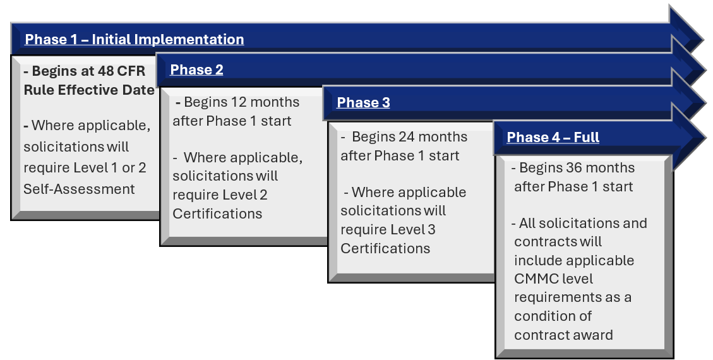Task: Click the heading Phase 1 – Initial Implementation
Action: (x=134, y=40)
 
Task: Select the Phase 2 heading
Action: (x=196, y=70)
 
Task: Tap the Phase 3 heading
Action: (x=363, y=103)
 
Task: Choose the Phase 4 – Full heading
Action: (x=553, y=138)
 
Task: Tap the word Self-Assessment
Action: (x=79, y=189)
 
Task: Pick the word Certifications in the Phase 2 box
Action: (x=217, y=214)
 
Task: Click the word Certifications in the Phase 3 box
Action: (x=385, y=249)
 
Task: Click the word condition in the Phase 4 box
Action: (x=547, y=316)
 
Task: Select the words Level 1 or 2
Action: (x=112, y=170)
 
